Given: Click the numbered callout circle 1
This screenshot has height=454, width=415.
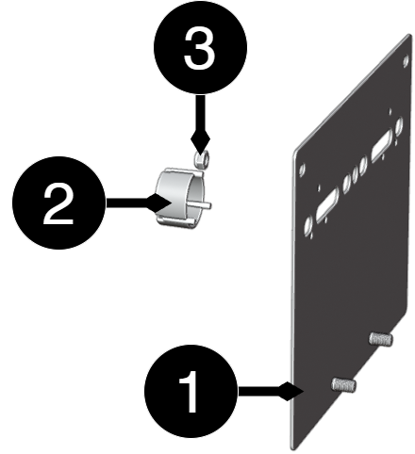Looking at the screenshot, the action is pos(191,392).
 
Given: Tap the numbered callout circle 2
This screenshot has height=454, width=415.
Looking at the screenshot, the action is pos(58,203).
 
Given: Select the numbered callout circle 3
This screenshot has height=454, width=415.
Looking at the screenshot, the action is pos(200,47).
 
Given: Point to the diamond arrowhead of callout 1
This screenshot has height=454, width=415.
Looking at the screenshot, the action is pos(291,392).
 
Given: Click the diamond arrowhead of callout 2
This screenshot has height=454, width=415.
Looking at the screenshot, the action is pos(159,203).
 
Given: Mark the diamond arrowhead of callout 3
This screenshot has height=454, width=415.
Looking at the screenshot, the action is pos(200,138).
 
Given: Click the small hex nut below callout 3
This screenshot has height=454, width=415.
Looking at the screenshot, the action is pos(200,159).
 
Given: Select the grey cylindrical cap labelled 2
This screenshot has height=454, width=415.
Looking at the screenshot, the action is pos(180,198).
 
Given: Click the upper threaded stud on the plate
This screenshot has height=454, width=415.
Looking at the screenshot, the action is pos(381,339).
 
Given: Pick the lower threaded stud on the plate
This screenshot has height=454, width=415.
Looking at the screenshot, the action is pos(343,384).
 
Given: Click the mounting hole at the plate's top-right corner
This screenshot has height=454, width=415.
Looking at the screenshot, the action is pos(406,60).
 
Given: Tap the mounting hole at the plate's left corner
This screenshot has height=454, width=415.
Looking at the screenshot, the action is pos(303,170).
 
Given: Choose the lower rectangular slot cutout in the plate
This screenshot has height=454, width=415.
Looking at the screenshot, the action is pos(327,205).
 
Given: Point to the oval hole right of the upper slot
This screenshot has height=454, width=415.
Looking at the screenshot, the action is pos(399,126).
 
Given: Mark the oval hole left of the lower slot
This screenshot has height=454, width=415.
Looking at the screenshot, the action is pos(308,225).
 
